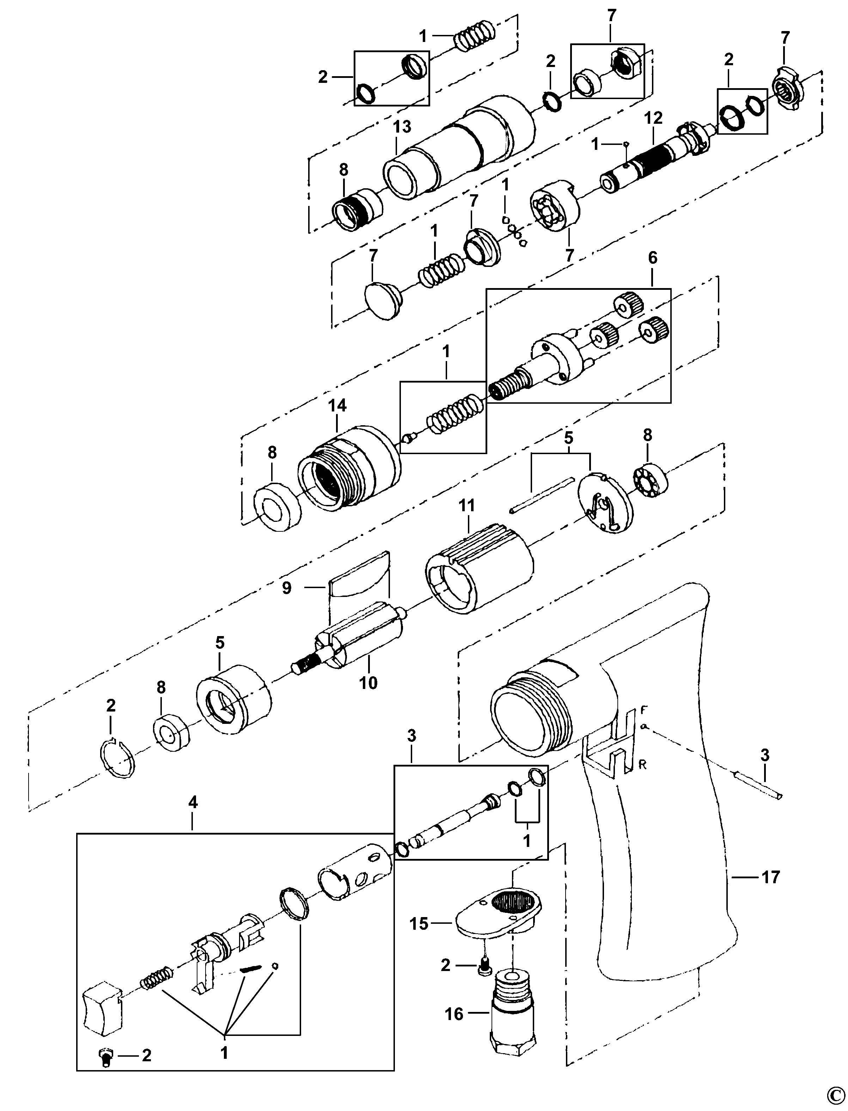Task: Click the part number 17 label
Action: pos(770,877)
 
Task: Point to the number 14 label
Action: pos(338,405)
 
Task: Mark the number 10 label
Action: pos(368,683)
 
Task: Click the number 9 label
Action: pos(287,588)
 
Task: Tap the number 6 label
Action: pos(653,258)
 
